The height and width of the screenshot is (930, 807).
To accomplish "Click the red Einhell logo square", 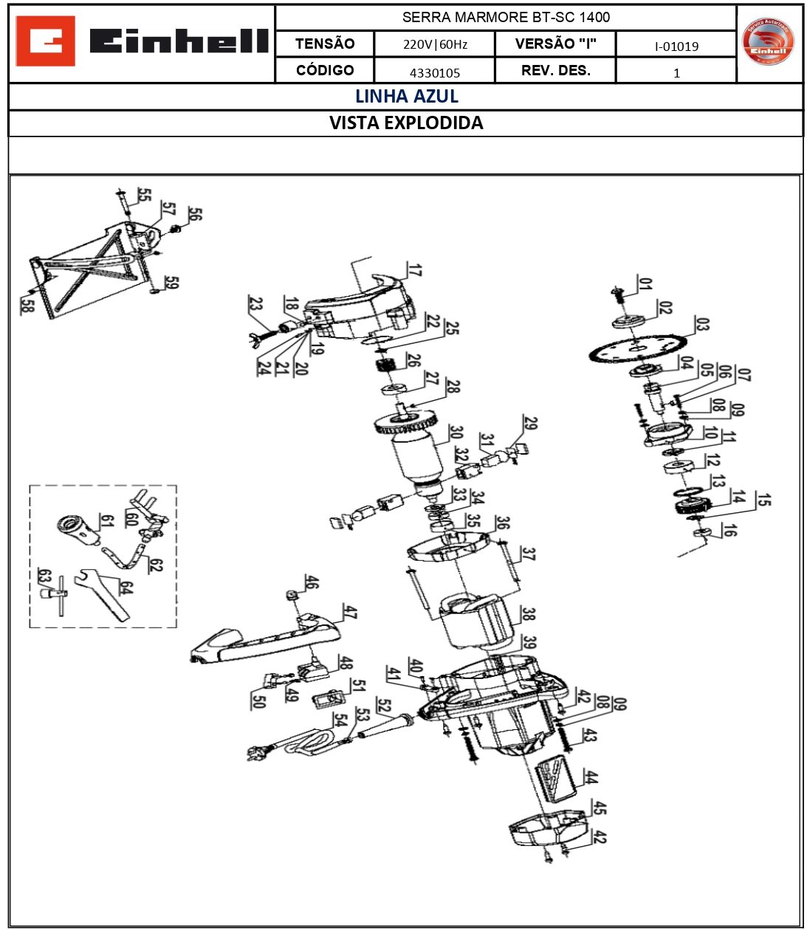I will click(45, 41).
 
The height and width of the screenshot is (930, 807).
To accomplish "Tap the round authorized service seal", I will click(768, 42).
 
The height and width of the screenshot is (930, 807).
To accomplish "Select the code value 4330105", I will click(434, 72).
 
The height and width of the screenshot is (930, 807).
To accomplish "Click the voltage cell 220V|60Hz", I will click(434, 44).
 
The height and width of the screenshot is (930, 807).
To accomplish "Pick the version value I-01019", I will click(676, 46).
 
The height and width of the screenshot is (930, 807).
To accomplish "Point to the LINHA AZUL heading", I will click(406, 97).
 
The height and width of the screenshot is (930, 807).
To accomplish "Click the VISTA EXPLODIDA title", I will click(406, 123).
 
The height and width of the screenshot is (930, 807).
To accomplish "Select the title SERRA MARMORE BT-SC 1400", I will click(506, 17).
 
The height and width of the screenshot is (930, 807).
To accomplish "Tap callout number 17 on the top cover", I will click(415, 270).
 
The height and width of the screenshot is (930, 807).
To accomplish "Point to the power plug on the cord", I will click(261, 752).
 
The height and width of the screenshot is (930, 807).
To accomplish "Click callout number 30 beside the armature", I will click(456, 433).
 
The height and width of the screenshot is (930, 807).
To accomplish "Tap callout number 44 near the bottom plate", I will click(591, 776).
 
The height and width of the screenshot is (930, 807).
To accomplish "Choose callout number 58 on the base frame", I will click(27, 304).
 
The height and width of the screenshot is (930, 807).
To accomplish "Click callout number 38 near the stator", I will click(528, 613).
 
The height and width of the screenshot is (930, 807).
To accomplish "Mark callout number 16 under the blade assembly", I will click(729, 530).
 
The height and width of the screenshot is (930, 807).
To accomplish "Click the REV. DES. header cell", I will click(555, 71).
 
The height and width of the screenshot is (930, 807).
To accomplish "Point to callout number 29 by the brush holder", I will click(530, 423).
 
